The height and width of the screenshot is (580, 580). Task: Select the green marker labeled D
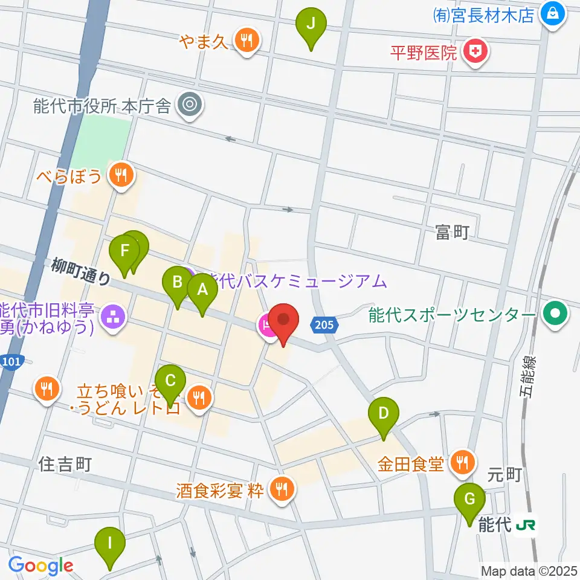coord(384,414)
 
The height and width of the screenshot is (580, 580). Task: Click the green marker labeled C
coord(171,381)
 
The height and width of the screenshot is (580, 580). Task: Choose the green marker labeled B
coord(178,283)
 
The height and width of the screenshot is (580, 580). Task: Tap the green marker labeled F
coord(124,251)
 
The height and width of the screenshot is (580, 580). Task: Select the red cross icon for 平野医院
coord(476,52)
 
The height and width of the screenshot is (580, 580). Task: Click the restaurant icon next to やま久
coord(246,41)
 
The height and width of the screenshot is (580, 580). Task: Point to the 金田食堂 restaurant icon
coord(463,463)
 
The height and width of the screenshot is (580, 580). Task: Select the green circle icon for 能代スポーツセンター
coord(554,314)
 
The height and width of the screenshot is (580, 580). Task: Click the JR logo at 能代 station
coord(526,526)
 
